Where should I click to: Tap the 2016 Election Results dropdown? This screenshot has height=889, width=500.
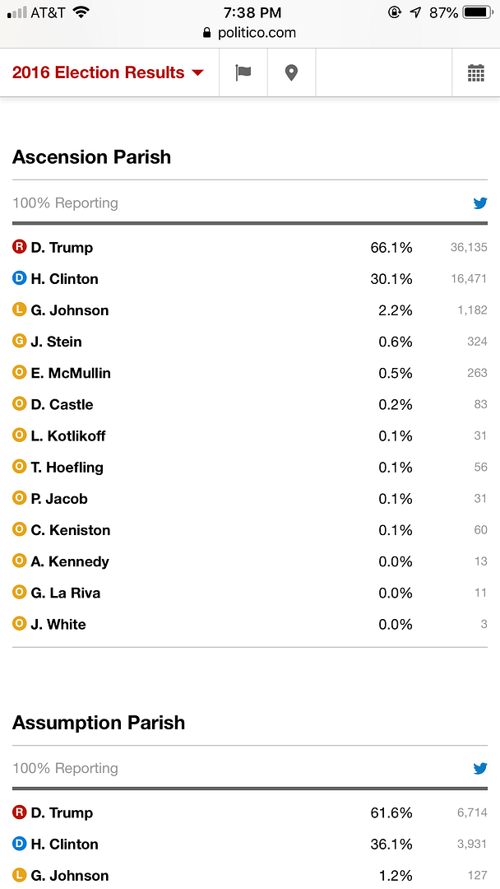pos(108,72)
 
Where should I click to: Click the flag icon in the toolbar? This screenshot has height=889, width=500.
pos(243,72)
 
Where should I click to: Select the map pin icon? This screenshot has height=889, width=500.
pos(291,72)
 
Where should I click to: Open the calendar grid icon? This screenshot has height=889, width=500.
pos(475,72)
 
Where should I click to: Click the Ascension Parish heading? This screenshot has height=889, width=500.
pos(91,157)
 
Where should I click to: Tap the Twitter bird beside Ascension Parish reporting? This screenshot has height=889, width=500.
pos(480,203)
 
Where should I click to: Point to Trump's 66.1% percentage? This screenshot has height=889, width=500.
pos(391,248)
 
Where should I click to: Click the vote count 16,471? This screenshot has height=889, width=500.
pos(469,279)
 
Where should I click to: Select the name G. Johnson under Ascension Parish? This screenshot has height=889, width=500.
pos(70,310)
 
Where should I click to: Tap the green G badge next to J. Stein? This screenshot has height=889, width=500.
pos(20,341)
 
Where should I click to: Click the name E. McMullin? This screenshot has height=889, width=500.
pos(71,373)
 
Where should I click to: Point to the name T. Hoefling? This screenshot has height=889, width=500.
pos(67,468)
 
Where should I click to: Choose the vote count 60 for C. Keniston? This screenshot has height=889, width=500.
pos(480,530)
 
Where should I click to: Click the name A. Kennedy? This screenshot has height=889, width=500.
pos(70,561)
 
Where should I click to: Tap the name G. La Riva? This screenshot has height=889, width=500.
pos(66,593)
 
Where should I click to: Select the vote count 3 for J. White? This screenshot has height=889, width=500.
pos(484,625)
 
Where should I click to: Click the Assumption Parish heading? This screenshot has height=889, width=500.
pos(99,723)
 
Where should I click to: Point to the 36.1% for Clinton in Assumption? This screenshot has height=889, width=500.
pos(391,845)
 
